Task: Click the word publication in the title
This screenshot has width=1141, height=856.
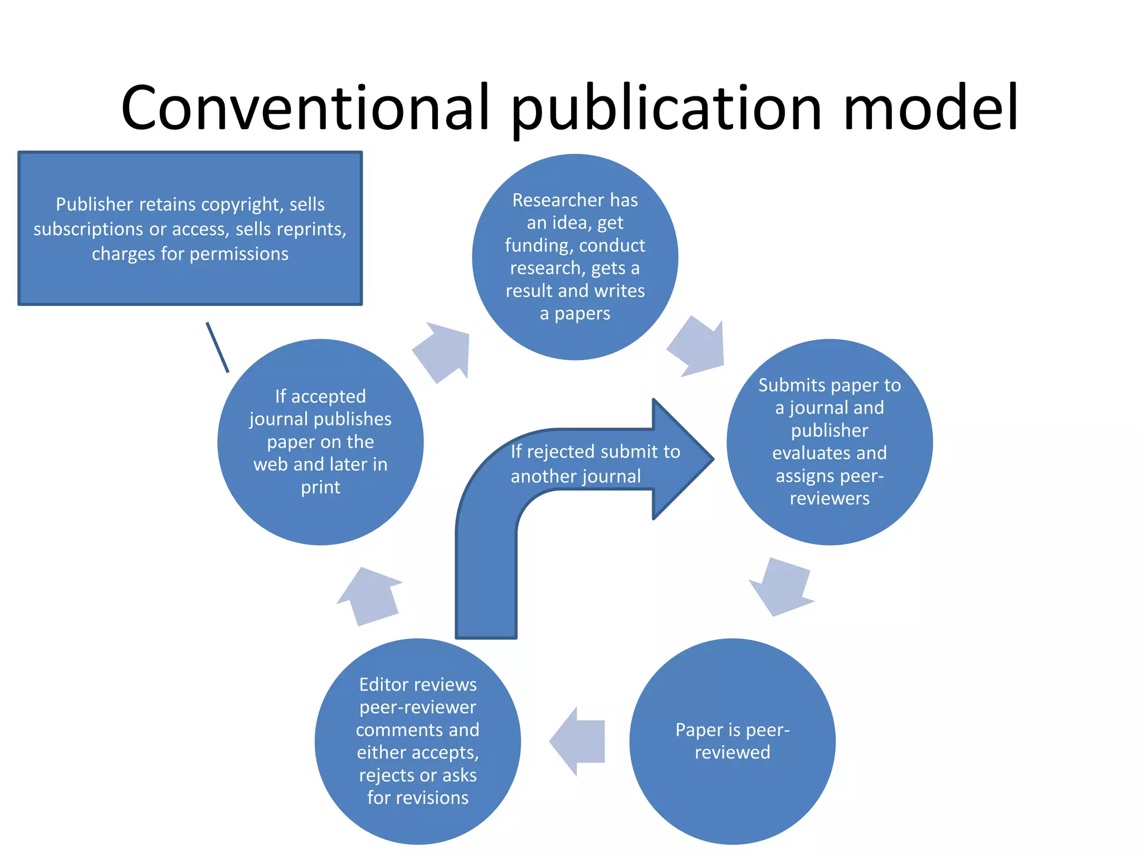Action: click(666, 109)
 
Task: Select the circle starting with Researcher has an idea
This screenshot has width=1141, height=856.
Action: click(575, 257)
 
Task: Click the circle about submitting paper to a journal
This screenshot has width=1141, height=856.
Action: click(829, 441)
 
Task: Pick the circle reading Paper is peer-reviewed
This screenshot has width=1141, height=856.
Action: click(732, 741)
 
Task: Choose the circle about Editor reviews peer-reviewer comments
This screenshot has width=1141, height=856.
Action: click(418, 741)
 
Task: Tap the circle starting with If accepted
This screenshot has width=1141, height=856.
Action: click(320, 441)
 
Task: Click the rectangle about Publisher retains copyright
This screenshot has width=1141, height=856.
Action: click(190, 228)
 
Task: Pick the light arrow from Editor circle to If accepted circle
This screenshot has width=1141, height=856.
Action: click(370, 596)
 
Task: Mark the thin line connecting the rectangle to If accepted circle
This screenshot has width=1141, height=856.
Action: click(217, 347)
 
